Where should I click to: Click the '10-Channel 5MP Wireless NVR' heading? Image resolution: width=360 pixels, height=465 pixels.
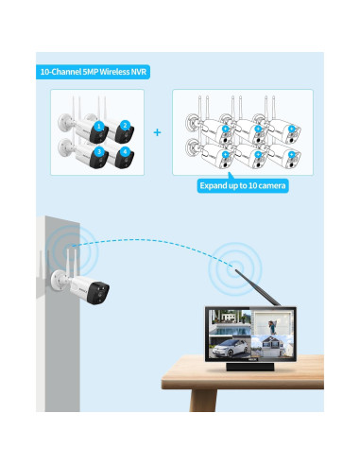click(94, 72)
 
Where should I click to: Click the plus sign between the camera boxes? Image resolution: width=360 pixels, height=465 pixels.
click(157, 132)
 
